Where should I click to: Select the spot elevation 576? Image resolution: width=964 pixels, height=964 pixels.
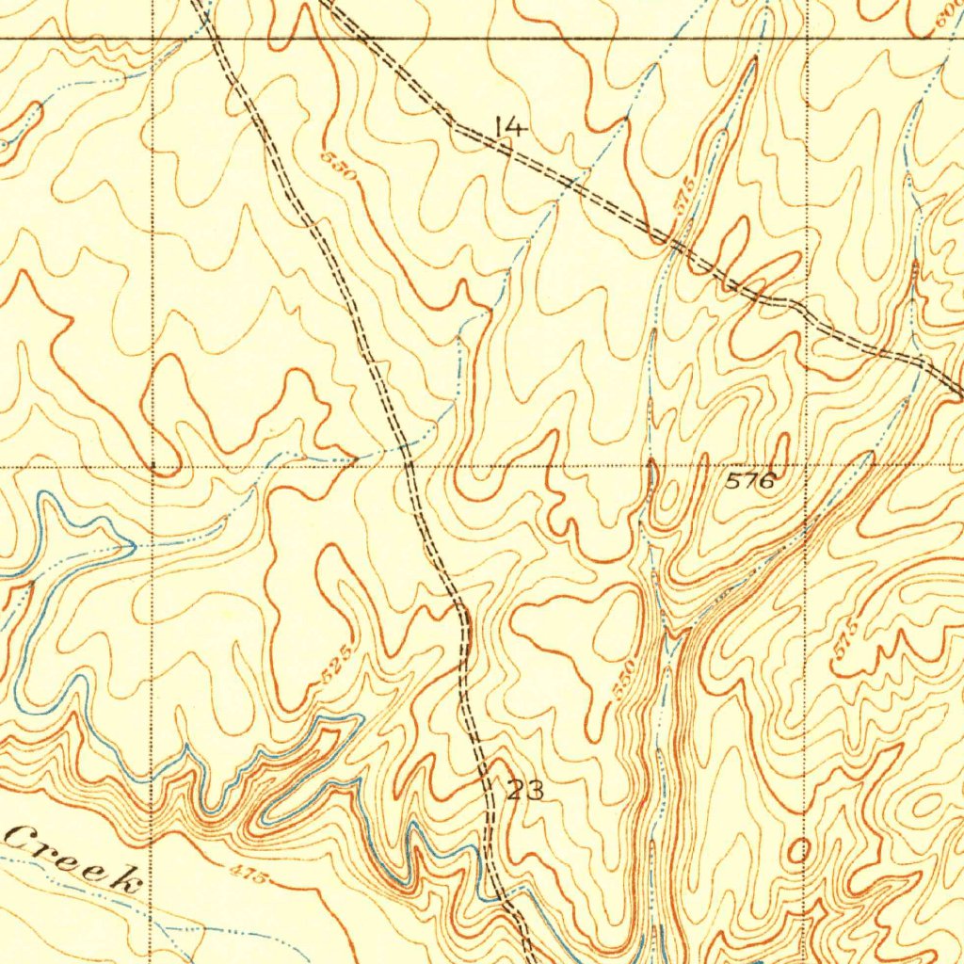coord(750,482)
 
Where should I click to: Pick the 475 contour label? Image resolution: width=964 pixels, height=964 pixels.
coord(249,873)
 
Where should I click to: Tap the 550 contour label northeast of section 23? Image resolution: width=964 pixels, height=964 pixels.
coord(624,678)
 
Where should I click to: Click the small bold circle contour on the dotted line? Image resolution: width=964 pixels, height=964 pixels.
coord(800,852)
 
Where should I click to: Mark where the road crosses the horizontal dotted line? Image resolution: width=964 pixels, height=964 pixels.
coord(408,464)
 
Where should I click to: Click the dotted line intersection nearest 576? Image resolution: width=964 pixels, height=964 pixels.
coord(807,464)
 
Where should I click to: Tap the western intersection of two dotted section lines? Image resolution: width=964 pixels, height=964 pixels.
coord(153,464)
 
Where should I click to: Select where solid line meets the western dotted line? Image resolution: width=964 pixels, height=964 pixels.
coord(153,39)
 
